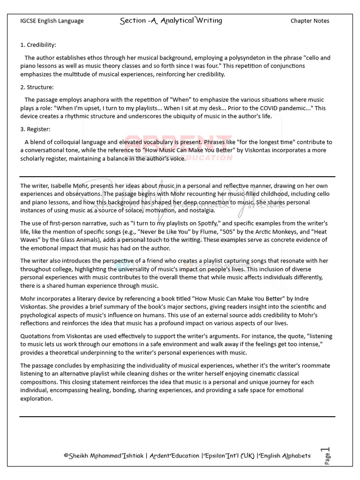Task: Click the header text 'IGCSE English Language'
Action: pyautogui.click(x=52, y=21)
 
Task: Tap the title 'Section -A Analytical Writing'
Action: pyautogui.click(x=171, y=20)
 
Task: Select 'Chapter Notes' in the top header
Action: pyautogui.click(x=309, y=21)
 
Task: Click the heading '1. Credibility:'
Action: pyautogui.click(x=38, y=45)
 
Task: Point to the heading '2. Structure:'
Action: pyautogui.click(x=37, y=87)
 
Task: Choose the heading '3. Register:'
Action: pyautogui.click(x=35, y=129)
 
